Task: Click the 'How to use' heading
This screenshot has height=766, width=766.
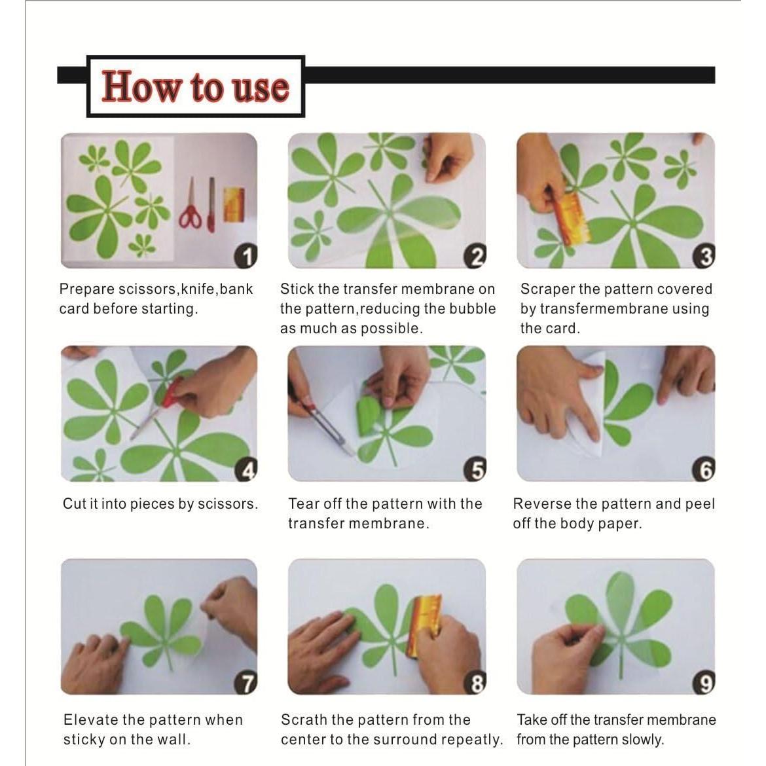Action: pyautogui.click(x=195, y=87)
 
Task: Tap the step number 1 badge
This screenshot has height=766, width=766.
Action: pyautogui.click(x=246, y=257)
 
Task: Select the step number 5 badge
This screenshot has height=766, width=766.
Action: pyautogui.click(x=475, y=470)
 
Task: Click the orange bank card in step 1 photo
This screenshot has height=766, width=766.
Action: pyautogui.click(x=234, y=204)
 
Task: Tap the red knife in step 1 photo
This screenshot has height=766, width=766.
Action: pyautogui.click(x=211, y=204)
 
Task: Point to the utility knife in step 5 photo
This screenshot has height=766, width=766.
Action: pyautogui.click(x=321, y=426)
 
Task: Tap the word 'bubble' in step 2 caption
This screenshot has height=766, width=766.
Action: pyautogui.click(x=473, y=309)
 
